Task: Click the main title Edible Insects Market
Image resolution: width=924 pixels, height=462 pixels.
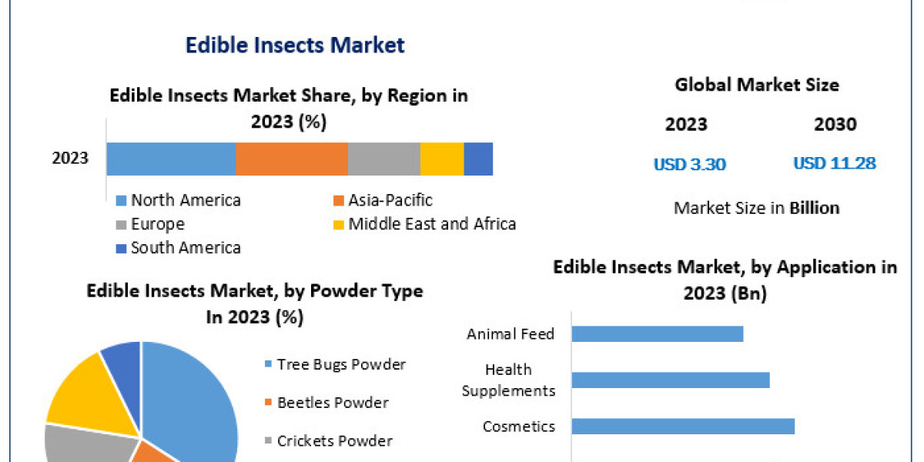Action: pos(295,45)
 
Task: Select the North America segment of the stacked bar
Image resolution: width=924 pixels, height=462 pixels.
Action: pos(171,159)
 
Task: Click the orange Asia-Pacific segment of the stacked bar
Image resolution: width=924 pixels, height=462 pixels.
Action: pos(291,159)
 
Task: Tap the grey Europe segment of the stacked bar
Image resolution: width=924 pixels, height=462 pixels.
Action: pos(383,159)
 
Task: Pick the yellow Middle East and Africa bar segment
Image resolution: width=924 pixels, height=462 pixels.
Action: pos(442,159)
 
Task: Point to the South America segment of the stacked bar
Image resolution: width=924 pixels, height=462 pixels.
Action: pos(478,159)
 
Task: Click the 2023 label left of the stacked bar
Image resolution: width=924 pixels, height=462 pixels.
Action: pos(70,159)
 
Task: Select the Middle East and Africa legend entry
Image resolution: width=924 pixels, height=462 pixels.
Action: pos(431,224)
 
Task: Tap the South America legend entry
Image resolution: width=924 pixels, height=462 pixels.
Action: pos(185,248)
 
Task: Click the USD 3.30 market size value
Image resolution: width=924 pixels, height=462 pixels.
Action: pos(690,164)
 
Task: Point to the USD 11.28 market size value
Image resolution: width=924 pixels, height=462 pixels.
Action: pos(835,163)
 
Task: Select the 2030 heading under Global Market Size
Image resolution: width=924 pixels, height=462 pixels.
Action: pos(835,125)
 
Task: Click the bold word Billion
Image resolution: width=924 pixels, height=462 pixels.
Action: pos(814,208)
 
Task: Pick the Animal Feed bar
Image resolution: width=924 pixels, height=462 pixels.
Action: pos(658,333)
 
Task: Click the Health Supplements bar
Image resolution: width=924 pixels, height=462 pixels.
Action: pos(671,380)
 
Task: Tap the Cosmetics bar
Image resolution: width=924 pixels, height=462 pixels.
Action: pos(683,426)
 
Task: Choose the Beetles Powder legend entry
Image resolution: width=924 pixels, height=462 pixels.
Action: pos(333,403)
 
